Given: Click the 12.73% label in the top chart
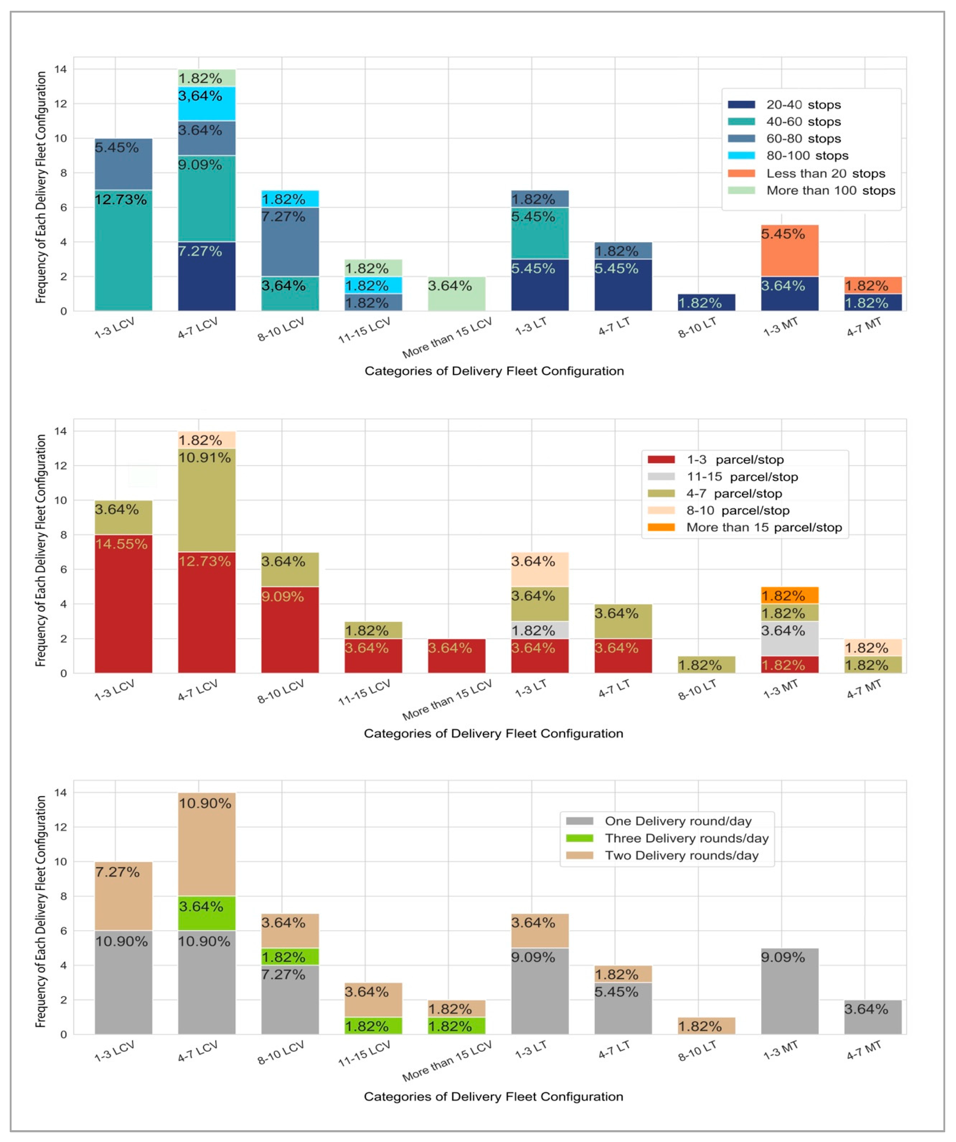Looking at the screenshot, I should pyautogui.click(x=121, y=199).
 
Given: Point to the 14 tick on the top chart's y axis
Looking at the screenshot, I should pyautogui.click(x=60, y=69).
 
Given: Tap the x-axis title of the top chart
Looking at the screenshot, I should pyautogui.click(x=493, y=371).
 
